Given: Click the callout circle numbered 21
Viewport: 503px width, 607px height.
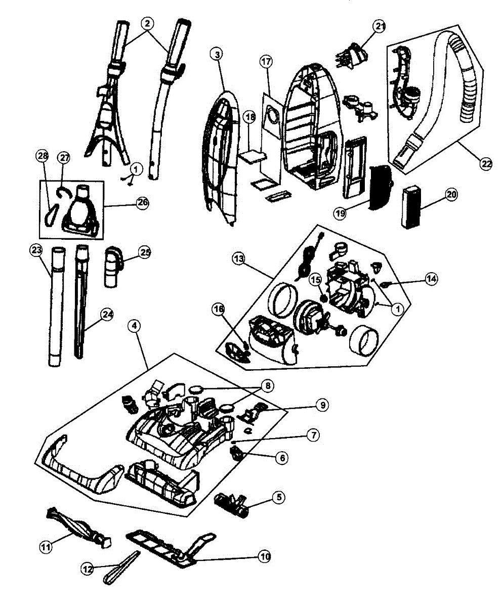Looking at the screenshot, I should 380,26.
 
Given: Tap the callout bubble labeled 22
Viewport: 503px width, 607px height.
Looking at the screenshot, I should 486,163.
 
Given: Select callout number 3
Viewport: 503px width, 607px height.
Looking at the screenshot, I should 217,54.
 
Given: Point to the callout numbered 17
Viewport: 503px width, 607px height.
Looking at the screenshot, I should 266,62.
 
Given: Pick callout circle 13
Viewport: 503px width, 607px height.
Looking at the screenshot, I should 239,258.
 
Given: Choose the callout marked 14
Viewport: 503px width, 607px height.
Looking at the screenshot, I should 431,278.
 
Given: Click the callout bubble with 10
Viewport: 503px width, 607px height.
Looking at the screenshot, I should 264,556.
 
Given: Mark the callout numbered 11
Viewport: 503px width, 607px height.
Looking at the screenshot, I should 47,546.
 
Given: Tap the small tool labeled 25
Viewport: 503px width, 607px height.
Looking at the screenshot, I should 112,267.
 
